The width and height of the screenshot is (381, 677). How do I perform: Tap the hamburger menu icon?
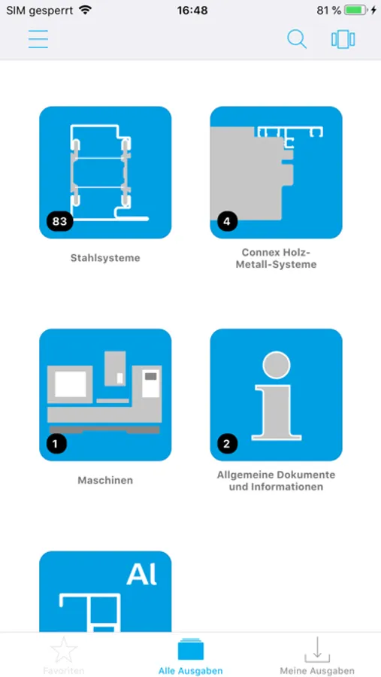(x=38, y=39)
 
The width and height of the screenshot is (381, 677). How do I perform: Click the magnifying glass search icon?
(x=297, y=39)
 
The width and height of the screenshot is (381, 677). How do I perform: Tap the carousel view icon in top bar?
(x=343, y=39)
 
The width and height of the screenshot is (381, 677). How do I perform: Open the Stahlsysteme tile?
(x=105, y=172)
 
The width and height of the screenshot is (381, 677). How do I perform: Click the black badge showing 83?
(x=59, y=221)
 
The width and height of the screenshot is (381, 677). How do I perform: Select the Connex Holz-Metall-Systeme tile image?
(x=276, y=172)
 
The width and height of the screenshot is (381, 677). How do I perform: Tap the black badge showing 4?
(x=227, y=222)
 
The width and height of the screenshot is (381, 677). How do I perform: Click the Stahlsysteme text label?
(x=105, y=258)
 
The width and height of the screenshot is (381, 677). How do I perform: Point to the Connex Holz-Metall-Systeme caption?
(x=276, y=258)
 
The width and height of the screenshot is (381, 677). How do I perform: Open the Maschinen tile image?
(x=105, y=395)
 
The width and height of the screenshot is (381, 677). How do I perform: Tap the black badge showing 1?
(x=56, y=443)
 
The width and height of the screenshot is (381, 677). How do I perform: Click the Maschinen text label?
(x=105, y=480)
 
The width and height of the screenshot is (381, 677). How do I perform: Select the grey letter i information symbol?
(x=276, y=393)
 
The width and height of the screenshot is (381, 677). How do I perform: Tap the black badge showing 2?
(x=227, y=443)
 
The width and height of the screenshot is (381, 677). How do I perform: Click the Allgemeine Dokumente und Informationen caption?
(x=276, y=481)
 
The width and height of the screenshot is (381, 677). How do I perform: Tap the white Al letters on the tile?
(x=142, y=575)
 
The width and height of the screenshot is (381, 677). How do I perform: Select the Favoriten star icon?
(x=64, y=649)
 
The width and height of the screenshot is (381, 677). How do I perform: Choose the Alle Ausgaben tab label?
(x=190, y=671)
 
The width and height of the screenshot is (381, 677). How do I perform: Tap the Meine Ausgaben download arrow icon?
(x=317, y=650)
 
